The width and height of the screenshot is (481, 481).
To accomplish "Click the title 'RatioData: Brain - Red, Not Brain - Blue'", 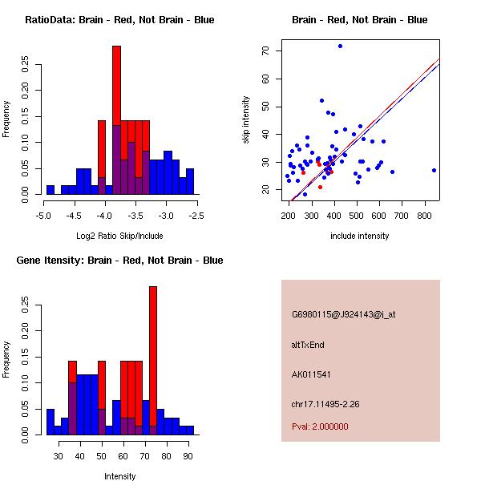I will [x=119, y=20].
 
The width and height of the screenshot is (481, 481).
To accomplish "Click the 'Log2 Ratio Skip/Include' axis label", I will [x=119, y=236].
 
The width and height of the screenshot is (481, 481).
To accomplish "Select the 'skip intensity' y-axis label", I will [x=246, y=120].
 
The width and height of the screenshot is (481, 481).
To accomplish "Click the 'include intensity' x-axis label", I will [x=360, y=236].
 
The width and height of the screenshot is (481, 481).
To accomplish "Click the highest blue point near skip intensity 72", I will [x=340, y=46].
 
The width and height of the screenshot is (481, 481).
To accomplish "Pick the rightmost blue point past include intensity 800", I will [x=434, y=170].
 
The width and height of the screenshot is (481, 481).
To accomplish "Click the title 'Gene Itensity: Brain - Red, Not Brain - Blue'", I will [x=119, y=261].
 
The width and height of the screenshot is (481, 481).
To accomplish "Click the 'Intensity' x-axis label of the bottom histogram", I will [x=119, y=476].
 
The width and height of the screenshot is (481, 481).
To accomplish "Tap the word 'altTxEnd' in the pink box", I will [x=308, y=345].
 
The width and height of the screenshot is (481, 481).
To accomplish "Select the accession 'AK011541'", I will [x=312, y=374].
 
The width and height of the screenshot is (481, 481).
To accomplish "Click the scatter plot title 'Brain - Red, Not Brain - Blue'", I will [x=360, y=20].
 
